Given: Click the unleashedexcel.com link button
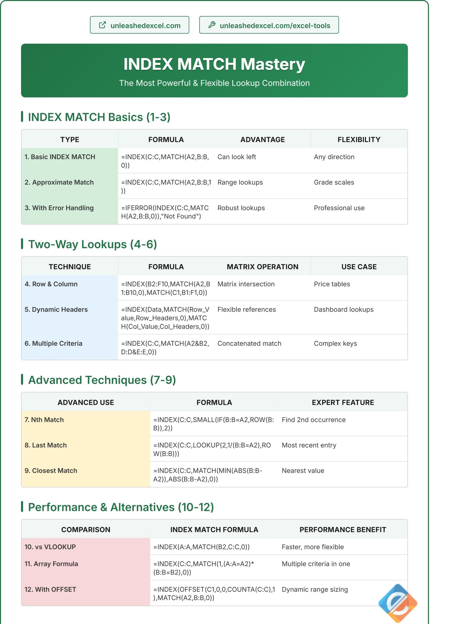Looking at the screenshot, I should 139,25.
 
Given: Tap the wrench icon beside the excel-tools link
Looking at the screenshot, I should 212,25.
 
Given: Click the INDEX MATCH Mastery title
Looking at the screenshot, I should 214,64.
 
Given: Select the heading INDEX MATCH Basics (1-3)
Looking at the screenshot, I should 99,117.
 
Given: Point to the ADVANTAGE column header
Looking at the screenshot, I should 262,139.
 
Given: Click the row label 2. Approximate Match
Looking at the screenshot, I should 59,182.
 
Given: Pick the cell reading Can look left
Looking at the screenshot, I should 237,157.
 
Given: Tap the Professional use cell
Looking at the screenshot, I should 339,208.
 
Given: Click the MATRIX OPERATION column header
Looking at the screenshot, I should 262,266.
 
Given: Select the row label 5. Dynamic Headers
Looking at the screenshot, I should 56,309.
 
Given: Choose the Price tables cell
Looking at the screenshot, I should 332,284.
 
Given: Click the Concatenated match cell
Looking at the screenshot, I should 249,343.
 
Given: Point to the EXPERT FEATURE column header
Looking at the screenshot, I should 343,402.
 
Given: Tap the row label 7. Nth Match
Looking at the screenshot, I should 44,419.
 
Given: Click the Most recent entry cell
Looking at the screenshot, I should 309,445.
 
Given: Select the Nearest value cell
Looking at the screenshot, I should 303,471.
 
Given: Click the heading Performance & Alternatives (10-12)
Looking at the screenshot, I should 121,507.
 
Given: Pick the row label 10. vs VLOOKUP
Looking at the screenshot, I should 50,547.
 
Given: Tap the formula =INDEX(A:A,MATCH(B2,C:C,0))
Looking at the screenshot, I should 201,547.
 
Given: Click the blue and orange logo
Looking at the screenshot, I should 398,603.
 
